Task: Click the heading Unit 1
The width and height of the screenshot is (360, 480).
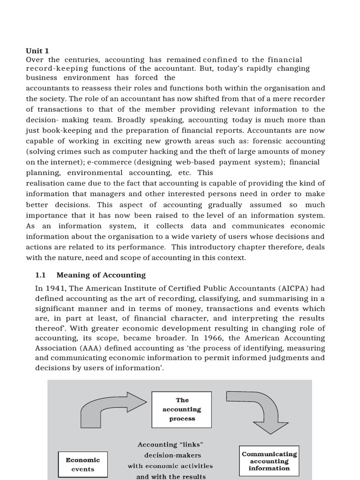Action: coord(37,51)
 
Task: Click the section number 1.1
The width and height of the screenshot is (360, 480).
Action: coord(40,275)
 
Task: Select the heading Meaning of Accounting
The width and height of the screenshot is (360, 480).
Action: coord(101,275)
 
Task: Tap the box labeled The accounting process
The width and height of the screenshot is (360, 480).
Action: coord(182,409)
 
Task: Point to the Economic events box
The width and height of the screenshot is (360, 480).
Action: coord(83,464)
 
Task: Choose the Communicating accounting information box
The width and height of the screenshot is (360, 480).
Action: coord(269,461)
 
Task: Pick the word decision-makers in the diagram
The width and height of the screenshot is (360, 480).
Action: coord(172,455)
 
